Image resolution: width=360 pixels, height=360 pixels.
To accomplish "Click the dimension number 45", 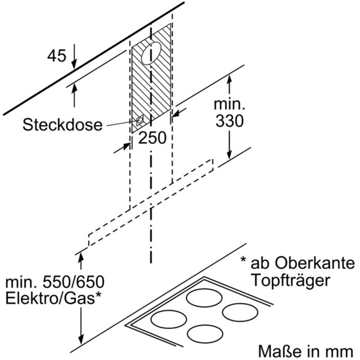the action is point(57,55).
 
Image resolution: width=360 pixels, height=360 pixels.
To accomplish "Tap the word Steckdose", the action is point(62,125).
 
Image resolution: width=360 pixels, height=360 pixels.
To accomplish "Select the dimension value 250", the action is point(152,138).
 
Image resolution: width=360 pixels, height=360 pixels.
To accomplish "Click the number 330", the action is point(230,121).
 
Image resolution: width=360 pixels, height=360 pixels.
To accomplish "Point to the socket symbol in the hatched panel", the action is point(140,120).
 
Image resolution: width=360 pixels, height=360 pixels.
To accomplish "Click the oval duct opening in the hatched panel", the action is point(152,53).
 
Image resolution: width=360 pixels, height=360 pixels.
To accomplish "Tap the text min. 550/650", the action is point(55,282).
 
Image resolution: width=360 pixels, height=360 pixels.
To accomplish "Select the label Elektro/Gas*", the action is point(53,298).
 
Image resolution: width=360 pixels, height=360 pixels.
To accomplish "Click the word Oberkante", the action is point(315,263).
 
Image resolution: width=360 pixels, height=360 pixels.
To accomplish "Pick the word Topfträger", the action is point(291,280).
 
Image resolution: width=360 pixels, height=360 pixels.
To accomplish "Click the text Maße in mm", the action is point(306,351).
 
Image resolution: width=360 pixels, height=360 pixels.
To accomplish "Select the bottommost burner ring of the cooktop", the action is point(205,334).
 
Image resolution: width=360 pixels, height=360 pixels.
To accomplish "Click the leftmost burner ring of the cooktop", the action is point(169,319).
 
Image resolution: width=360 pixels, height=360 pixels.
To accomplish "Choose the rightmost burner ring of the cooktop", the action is point(240,312).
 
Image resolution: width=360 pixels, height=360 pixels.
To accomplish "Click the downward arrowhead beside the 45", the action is point(74,64).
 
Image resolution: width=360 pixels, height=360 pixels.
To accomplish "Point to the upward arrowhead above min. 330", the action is point(230,80).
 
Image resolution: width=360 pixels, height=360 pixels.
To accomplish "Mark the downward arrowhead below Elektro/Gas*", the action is point(81,339).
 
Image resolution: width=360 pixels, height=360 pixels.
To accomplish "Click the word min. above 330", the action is point(230,104).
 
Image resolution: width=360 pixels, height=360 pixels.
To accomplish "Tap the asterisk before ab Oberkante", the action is point(243,260).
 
